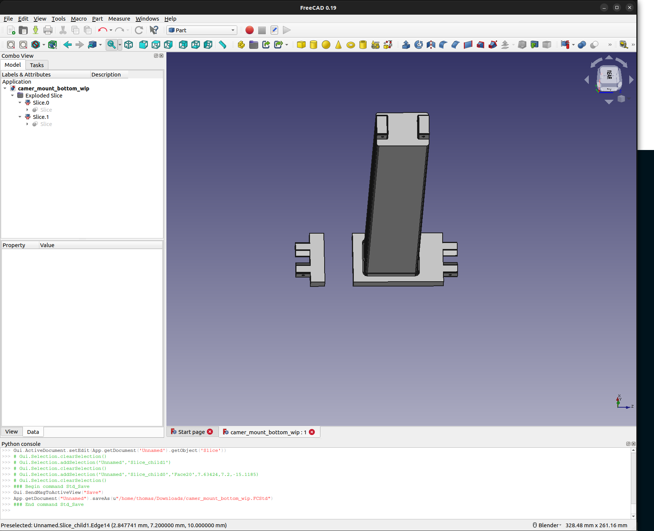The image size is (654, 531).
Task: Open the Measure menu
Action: pos(119,19)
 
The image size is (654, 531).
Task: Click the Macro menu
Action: pos(79,19)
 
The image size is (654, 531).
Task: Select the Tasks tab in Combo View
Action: pos(37,65)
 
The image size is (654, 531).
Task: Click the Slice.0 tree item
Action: pos(41,103)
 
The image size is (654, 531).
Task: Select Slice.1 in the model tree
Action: pos(41,117)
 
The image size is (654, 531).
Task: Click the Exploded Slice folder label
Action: pos(44,96)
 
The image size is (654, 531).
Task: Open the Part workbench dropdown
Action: pos(202,30)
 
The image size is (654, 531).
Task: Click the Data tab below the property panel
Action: pos(33,432)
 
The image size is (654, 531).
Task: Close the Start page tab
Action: pos(210,432)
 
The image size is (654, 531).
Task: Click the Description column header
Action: pos(106,75)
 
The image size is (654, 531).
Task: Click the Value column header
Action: pos(47,245)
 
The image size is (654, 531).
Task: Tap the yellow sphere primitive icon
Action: pos(326,45)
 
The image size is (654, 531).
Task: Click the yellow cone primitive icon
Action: pos(338,45)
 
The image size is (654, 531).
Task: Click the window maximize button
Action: pos(617,7)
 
